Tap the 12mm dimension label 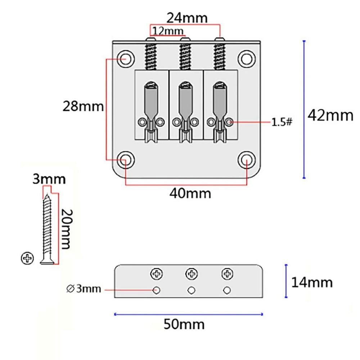pyautogui.click(x=168, y=31)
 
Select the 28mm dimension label pyautogui.click(x=83, y=107)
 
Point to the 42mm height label pyautogui.click(x=330, y=116)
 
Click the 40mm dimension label pyautogui.click(x=190, y=193)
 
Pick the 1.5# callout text pyautogui.click(x=282, y=122)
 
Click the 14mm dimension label pyautogui.click(x=312, y=282)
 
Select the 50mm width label pyautogui.click(x=184, y=324)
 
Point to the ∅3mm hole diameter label pyautogui.click(x=84, y=289)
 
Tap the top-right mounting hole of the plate pyautogui.click(x=247, y=58)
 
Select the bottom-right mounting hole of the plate pyautogui.click(x=247, y=159)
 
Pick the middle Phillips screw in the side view pyautogui.click(x=191, y=274)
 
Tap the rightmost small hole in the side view pyautogui.click(x=226, y=289)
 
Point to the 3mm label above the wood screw pyautogui.click(x=49, y=179)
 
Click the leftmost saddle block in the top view pyautogui.click(x=151, y=104)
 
